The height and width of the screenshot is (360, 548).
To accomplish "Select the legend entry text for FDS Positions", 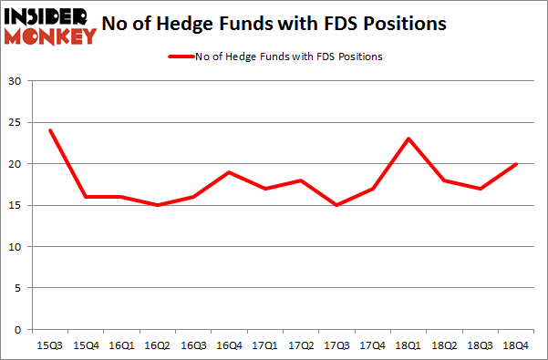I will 289,57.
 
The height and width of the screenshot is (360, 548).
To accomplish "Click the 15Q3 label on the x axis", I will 50,345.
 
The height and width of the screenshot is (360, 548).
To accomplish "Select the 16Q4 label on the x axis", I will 229,345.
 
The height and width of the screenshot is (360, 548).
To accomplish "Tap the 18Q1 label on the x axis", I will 408,345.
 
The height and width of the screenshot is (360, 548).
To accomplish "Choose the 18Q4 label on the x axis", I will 515,345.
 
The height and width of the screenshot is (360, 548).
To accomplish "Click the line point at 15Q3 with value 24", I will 50,130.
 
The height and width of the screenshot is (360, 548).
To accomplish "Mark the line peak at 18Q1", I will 408,139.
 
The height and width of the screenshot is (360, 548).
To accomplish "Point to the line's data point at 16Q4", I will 229,172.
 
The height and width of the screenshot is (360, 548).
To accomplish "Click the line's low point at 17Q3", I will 336,205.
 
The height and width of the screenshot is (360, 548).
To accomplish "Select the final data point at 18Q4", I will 515,164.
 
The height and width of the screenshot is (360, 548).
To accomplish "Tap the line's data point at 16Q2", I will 158,205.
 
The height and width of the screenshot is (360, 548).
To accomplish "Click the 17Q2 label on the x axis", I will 300,345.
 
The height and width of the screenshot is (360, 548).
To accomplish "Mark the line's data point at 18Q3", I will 479,189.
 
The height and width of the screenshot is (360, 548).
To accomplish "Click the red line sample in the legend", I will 181,57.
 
